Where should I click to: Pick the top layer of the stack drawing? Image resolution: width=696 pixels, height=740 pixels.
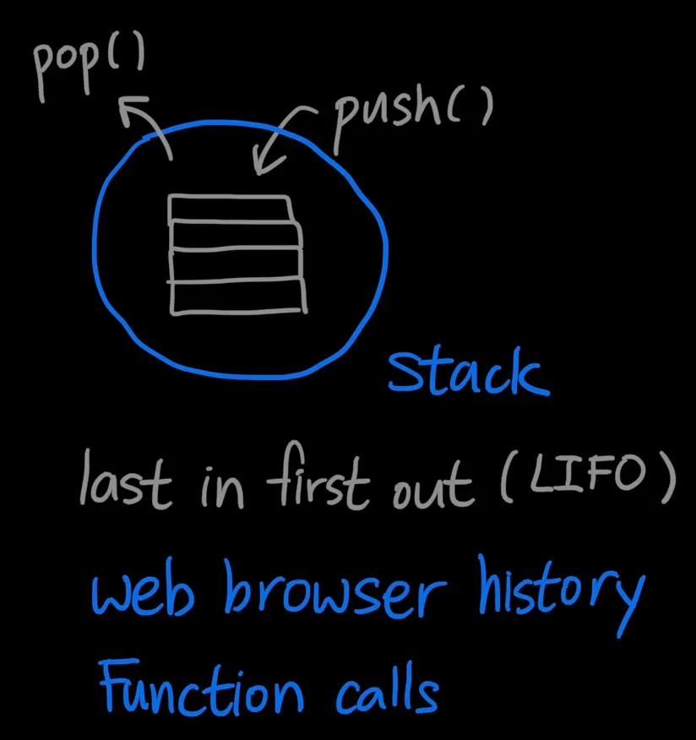(229, 208)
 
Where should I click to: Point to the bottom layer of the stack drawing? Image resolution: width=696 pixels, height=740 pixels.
(237, 297)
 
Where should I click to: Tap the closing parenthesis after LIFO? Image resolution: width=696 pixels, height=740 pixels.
(666, 477)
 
